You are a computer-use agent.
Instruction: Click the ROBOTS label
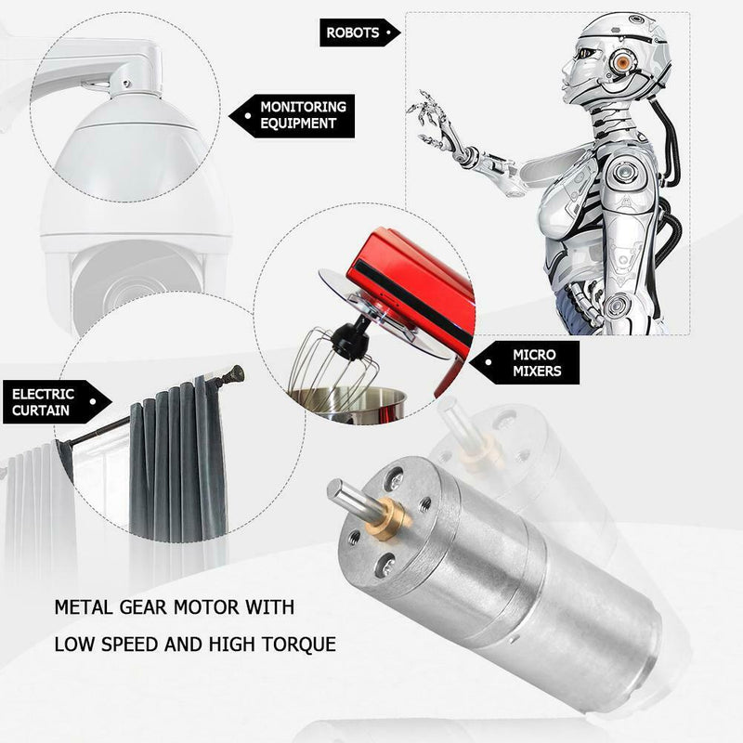tap(353, 33)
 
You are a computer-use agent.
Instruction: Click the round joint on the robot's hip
tap(617, 303)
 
